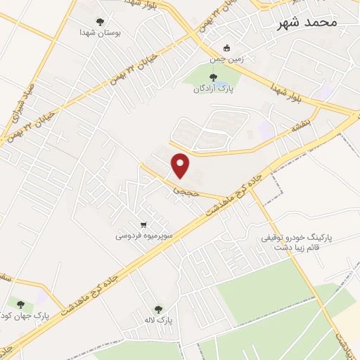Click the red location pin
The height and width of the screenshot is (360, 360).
tap(181, 164)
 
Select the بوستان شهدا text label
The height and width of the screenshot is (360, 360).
tap(97, 32)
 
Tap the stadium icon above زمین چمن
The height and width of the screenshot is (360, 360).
tap(227, 49)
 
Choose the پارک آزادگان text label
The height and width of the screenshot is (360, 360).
tap(214, 89)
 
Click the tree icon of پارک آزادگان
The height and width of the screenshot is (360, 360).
tap(213, 77)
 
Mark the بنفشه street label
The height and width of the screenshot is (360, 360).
tap(301, 127)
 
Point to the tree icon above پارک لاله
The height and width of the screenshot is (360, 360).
tap(158, 309)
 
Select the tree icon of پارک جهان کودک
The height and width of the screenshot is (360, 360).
tap(20, 304)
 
